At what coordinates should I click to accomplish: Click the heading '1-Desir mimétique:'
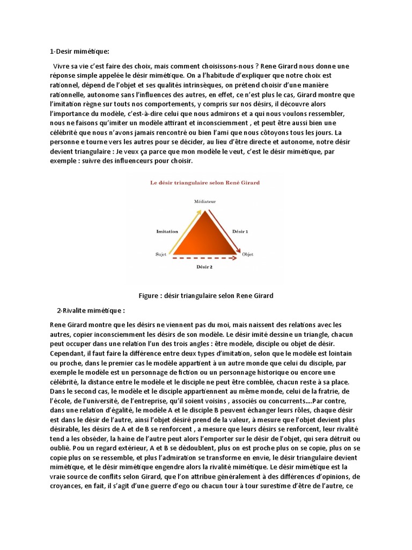point(79,52)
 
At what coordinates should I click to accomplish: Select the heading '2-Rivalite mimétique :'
point(91,310)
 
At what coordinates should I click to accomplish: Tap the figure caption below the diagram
point(206,295)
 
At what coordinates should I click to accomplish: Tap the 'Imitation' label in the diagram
point(167,231)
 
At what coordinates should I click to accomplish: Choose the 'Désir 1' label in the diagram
point(240,231)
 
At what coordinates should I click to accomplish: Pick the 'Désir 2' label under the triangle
point(204,266)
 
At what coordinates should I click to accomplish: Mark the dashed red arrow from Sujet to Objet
point(204,258)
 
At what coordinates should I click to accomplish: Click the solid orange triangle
point(204,236)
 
